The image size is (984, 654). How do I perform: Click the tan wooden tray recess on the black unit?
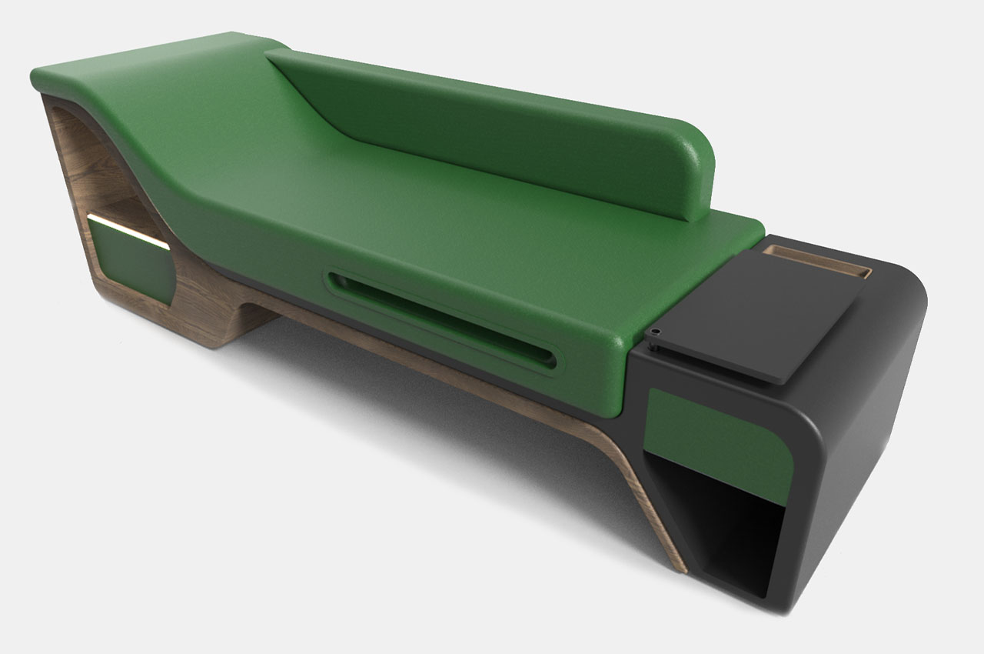(819, 262)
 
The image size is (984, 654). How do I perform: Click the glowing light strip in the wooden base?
(127, 231)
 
